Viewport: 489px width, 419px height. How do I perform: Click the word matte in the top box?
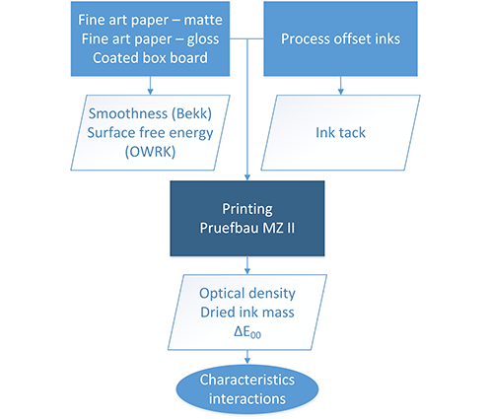(203, 20)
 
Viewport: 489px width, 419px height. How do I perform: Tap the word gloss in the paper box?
(203, 39)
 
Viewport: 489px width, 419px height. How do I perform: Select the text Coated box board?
(150, 58)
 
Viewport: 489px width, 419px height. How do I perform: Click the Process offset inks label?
(340, 38)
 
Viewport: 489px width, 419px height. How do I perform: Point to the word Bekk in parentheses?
(191, 113)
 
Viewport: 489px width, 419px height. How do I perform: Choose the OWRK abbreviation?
(150, 152)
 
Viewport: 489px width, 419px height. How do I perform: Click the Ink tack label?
(340, 133)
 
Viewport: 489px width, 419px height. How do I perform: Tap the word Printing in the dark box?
(247, 209)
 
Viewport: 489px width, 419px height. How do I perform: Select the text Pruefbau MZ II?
(247, 228)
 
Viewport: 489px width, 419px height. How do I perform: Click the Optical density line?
(247, 294)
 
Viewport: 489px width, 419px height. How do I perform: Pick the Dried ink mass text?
(247, 313)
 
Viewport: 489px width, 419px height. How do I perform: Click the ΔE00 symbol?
(247, 332)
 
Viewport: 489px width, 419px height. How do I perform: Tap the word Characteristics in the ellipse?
(247, 380)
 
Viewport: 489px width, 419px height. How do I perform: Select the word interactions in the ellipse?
(247, 399)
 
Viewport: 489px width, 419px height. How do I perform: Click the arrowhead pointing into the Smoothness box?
(150, 92)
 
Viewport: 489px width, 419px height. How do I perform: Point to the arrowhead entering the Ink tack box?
(340, 92)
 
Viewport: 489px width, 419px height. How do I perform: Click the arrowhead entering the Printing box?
(247, 177)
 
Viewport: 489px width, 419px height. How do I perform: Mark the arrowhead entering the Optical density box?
(247, 271)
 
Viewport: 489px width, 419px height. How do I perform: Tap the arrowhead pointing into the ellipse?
(247, 361)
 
